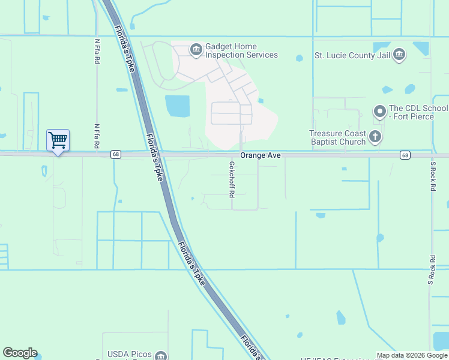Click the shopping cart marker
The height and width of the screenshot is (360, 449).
pos(58,140)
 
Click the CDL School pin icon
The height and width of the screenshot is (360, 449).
pos(379,112)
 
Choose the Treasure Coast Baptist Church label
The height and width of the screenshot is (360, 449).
pos(337,137)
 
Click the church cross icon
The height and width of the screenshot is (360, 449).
pos(375,137)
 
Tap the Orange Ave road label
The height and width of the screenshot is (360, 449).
pos(261,155)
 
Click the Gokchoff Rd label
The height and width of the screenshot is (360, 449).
pos(231,179)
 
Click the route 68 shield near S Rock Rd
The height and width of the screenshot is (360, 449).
pos(406,155)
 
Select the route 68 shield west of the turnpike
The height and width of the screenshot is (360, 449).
pos(114,155)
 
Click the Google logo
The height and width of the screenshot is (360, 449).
pos(20,353)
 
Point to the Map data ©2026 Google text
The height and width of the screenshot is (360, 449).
pos(412,355)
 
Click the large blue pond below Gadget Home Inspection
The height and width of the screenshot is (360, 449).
pos(178,106)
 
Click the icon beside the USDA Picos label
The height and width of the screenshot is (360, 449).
pos(160,356)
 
